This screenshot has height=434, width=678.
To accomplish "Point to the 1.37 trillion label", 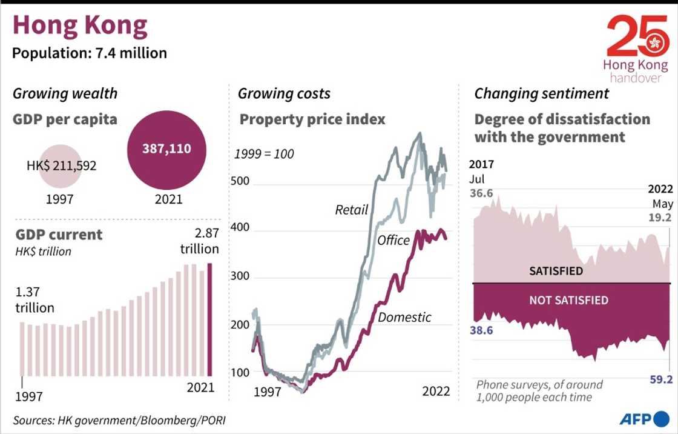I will pyautogui.click(x=35, y=299).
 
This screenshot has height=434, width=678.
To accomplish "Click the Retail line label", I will pyautogui.click(x=352, y=210).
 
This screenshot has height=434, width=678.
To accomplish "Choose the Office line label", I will pyautogui.click(x=393, y=241).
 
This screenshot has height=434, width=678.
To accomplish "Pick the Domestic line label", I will pyautogui.click(x=404, y=316).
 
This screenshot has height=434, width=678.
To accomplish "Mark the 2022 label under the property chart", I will pyautogui.click(x=436, y=392).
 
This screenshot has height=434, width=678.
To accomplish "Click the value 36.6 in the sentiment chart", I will pyautogui.click(x=481, y=193).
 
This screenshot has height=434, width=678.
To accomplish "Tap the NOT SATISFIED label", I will pyautogui.click(x=568, y=300).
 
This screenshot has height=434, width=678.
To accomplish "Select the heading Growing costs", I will pyautogui.click(x=284, y=93).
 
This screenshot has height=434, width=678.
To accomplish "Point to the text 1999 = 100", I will pyautogui.click(x=264, y=154).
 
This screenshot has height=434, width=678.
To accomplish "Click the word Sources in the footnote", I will pyautogui.click(x=33, y=419).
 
